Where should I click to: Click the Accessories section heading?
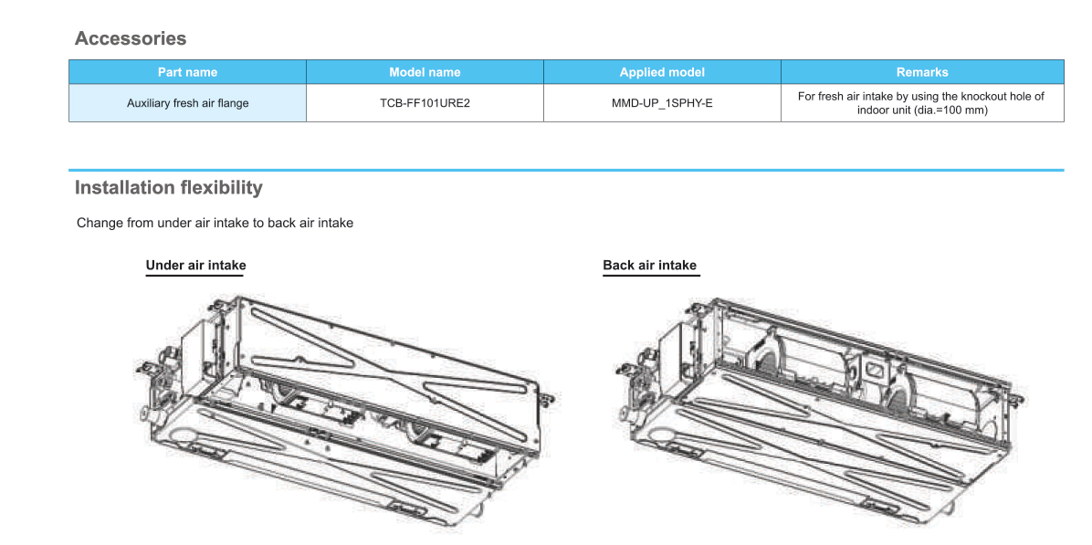[130, 38]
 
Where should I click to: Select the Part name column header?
[187, 72]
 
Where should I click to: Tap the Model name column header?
[425, 72]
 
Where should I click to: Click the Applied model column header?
[662, 72]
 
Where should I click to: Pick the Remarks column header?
[922, 72]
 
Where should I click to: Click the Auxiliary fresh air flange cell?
[187, 103]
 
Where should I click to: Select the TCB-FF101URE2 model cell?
[425, 103]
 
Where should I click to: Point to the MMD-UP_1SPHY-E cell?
[662, 103]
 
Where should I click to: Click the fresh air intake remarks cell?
[921, 102]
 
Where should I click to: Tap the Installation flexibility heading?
[168, 188]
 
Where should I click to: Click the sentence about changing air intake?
[215, 223]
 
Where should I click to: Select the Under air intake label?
[195, 266]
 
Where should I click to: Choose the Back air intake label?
[649, 266]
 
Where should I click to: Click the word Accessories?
[130, 38]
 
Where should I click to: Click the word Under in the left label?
[164, 266]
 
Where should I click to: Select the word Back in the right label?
[618, 266]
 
